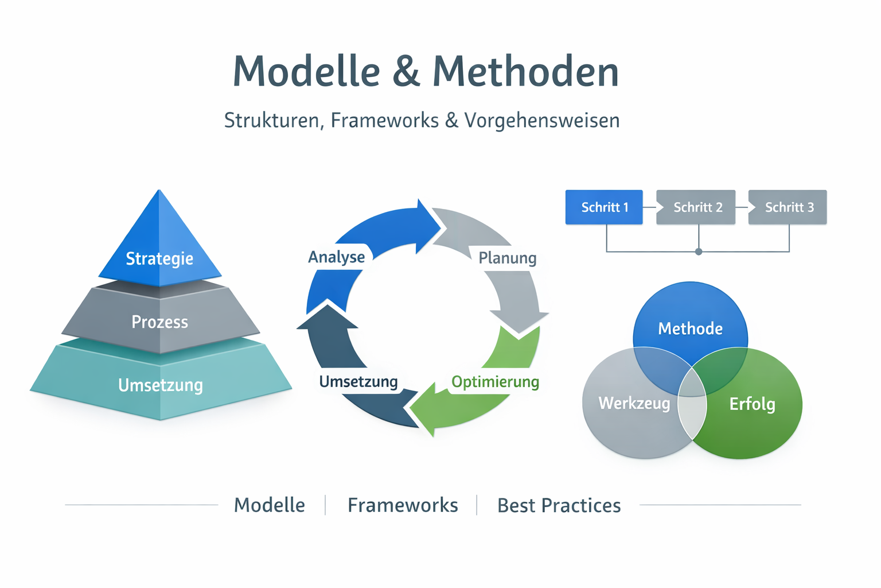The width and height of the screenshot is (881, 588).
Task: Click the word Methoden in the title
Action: pos(525,72)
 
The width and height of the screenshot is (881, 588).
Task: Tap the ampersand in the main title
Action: pos(406,72)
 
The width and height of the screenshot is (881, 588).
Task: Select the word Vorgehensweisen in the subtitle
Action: pos(541,121)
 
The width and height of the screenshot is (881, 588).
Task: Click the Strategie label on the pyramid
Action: pos(159,258)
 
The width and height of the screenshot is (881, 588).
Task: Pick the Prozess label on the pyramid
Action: pos(159,322)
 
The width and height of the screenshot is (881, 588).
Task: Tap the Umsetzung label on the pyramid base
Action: pos(161,385)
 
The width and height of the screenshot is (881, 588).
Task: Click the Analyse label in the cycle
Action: pos(337,257)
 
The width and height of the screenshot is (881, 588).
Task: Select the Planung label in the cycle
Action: pos(508,258)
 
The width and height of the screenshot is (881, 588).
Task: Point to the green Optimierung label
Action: pos(495,382)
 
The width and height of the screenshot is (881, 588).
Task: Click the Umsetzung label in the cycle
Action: pos(358,382)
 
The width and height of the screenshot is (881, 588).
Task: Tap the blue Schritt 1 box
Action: pos(604,207)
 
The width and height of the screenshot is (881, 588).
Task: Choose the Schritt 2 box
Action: pos(697,207)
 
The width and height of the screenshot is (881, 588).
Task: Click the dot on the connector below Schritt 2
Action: pos(699,252)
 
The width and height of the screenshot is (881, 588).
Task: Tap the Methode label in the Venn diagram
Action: pos(690,328)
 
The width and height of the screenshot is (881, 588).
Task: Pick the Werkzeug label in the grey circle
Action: pos(634,403)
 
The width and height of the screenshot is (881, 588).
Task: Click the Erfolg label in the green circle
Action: pos(752,404)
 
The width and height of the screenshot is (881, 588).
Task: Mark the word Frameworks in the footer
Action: pos(403,505)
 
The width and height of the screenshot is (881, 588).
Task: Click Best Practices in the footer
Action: pos(559,505)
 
